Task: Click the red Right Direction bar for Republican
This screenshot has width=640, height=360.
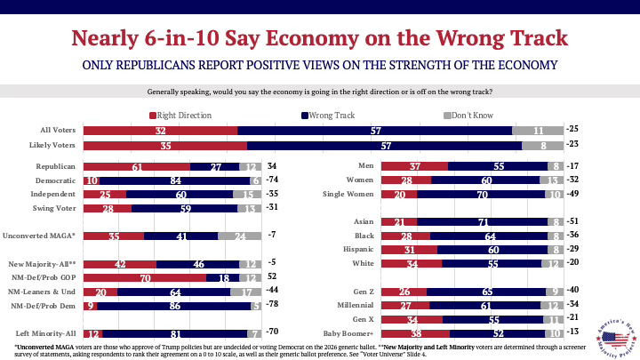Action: (x=136, y=166)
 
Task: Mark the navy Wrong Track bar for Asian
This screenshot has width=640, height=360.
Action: (x=482, y=222)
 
